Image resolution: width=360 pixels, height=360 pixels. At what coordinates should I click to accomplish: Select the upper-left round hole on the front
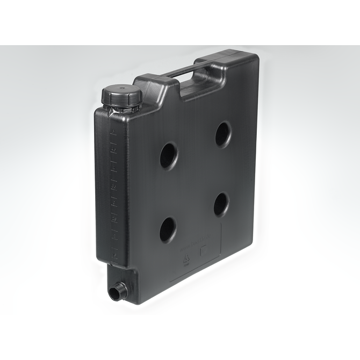tap(168, 155)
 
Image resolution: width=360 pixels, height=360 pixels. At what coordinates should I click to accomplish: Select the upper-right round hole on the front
tap(224, 134)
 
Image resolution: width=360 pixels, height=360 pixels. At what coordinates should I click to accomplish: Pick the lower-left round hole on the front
tap(168, 229)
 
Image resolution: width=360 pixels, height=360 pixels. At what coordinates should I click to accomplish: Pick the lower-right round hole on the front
tap(221, 204)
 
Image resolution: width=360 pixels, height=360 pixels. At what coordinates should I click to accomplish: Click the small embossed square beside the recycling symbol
tap(204, 250)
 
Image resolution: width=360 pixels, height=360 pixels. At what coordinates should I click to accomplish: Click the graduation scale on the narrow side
tap(113, 188)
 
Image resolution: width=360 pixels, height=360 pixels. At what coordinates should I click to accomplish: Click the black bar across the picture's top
tap(180, 21)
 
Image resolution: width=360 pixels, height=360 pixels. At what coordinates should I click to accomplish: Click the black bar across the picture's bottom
tap(180, 337)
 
